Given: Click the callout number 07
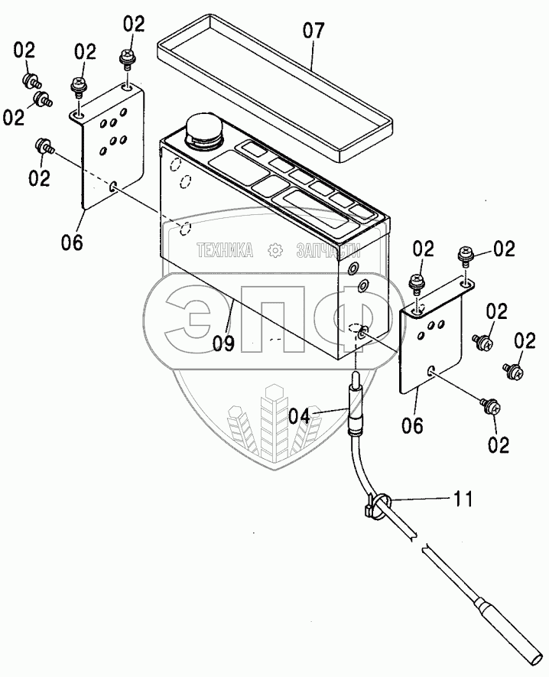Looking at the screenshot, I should [313, 31].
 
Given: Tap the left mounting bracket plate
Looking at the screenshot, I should [111, 149].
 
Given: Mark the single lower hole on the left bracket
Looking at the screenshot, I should [114, 185].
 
